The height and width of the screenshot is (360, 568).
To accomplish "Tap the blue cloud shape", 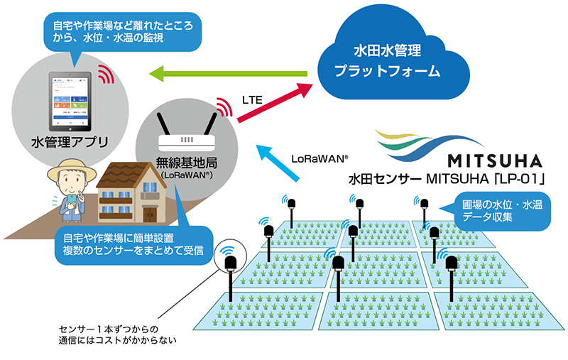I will click(388, 60).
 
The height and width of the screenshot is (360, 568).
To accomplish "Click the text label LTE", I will click(253, 101).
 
